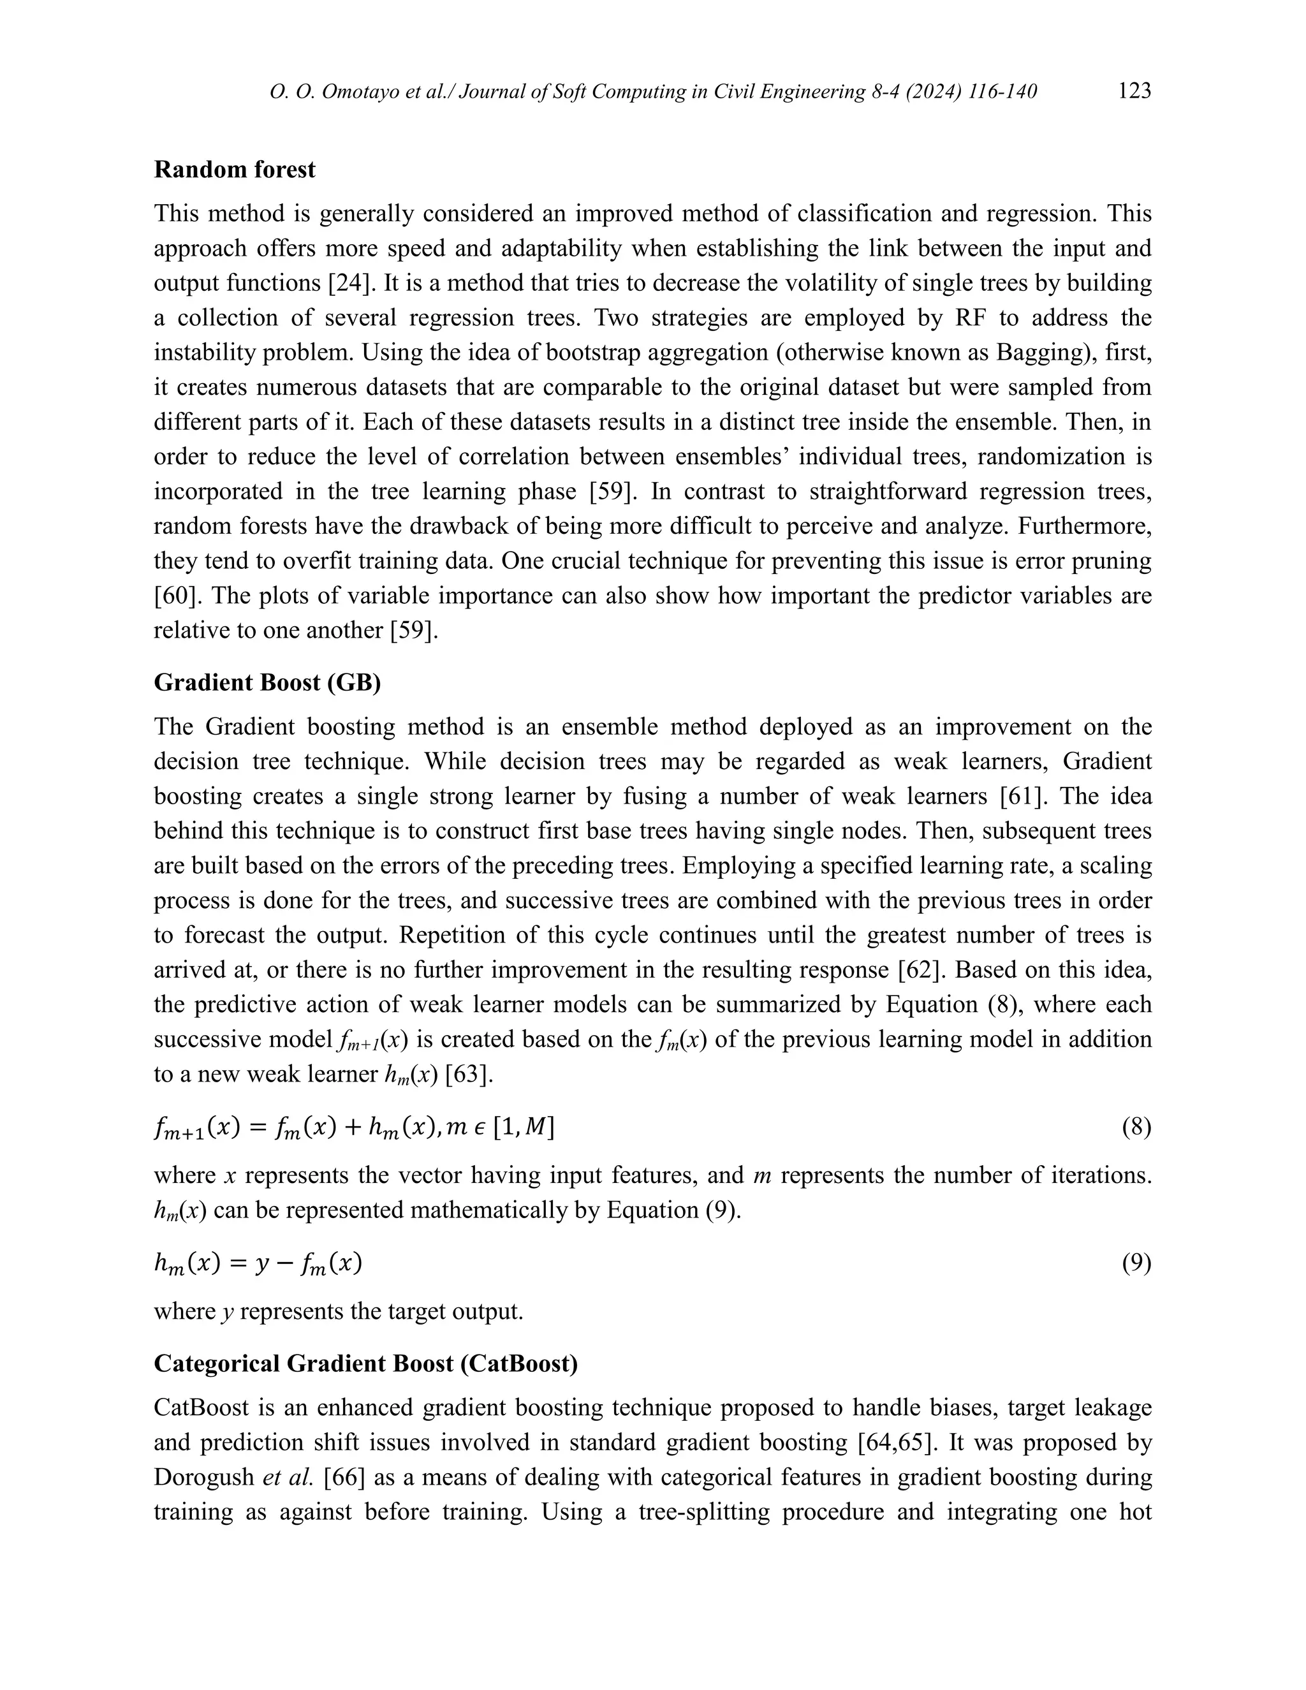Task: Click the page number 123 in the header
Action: (x=1134, y=91)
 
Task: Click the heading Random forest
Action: (x=235, y=170)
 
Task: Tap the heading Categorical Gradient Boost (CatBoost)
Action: (x=365, y=1363)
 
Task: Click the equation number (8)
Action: (x=1136, y=1127)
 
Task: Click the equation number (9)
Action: (x=1136, y=1263)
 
